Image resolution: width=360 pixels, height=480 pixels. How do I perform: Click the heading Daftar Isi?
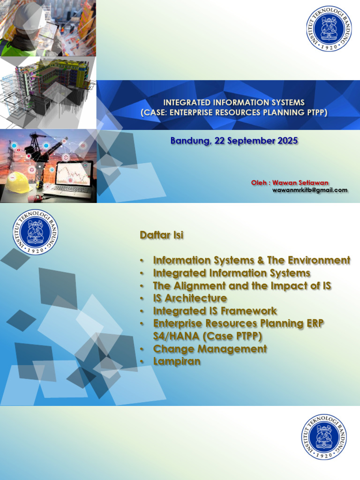pos(161,235)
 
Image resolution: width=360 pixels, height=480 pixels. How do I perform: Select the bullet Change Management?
pos(210,349)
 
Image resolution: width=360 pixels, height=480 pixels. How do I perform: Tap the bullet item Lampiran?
pos(177,361)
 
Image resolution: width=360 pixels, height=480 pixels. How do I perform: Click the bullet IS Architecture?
pos(190,298)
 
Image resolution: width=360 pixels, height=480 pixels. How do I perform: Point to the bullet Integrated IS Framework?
pos(215,311)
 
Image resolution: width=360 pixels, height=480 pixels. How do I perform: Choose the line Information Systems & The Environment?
pos(251,260)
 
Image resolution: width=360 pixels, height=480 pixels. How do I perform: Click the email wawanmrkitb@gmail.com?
pos(310,190)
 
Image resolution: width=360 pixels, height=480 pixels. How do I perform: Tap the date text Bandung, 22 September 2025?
pos(234,140)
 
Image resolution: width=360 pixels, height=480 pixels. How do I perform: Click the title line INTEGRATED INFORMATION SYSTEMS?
pos(233,103)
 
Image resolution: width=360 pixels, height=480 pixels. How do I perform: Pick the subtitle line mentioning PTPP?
pos(233,112)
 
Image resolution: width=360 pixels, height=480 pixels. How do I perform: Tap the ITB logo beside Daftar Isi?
pos(35,232)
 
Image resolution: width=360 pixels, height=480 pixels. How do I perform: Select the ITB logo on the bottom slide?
pos(324,436)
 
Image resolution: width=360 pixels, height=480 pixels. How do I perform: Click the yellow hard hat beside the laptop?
pos(18,182)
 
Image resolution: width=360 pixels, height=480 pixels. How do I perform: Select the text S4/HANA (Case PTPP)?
pos(207,336)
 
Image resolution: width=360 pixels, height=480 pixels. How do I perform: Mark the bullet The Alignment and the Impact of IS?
pos(242,285)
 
